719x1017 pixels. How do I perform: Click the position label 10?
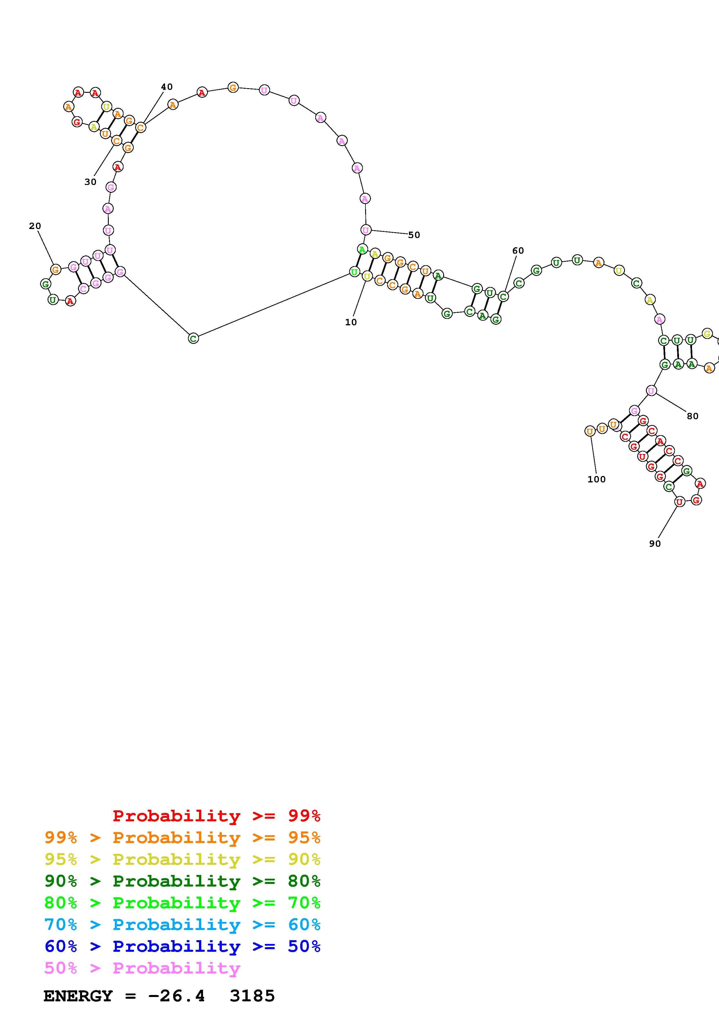(x=351, y=322)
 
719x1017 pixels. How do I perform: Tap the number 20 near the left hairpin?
(x=35, y=226)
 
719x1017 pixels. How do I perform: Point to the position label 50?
(x=414, y=235)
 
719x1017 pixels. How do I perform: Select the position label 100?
(x=596, y=479)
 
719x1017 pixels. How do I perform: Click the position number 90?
(x=655, y=544)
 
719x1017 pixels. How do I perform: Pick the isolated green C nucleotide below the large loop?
(x=193, y=338)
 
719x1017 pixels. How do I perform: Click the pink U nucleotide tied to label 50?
(x=365, y=230)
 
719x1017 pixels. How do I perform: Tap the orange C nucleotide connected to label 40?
(x=140, y=128)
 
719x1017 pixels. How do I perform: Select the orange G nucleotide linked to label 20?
(x=55, y=269)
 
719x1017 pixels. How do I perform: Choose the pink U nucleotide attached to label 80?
(x=651, y=391)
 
